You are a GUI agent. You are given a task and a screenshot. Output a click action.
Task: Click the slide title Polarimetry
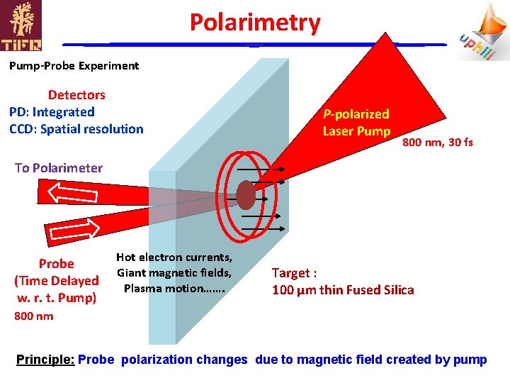pyautogui.click(x=255, y=23)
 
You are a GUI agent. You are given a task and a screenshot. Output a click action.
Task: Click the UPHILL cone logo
pyautogui.click(x=484, y=31)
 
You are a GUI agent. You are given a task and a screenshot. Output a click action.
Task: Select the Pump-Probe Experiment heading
pyautogui.click(x=74, y=66)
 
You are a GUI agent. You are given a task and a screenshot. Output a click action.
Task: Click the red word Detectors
pyautogui.click(x=76, y=95)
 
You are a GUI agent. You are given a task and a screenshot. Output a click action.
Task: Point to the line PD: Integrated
pyautogui.click(x=52, y=112)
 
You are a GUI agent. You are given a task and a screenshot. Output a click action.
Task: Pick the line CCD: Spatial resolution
pyautogui.click(x=76, y=129)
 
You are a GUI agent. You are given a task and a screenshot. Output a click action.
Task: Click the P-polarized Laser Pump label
pyautogui.click(x=356, y=122)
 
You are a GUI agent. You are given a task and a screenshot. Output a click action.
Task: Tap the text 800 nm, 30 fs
pyautogui.click(x=438, y=143)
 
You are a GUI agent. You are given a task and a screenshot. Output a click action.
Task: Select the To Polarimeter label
pyautogui.click(x=59, y=168)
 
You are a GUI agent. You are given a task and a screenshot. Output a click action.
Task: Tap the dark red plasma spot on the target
pyautogui.click(x=245, y=194)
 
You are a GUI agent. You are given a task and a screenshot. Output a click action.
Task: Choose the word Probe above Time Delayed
pyautogui.click(x=57, y=264)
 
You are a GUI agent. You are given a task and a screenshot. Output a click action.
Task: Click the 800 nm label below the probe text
pyautogui.click(x=34, y=316)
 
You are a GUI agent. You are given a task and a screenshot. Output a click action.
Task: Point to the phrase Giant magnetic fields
pyautogui.click(x=174, y=273)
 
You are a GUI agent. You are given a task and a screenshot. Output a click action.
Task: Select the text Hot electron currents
pyautogui.click(x=174, y=257)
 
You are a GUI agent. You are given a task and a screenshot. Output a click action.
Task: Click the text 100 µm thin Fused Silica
pyautogui.click(x=344, y=289)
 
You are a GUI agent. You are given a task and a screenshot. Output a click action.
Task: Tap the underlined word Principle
pyautogui.click(x=45, y=360)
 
